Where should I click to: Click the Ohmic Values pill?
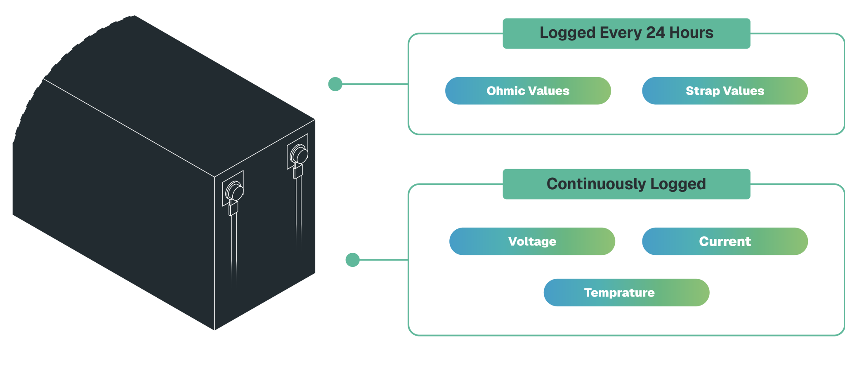pos(528,91)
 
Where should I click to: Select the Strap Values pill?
pos(725,91)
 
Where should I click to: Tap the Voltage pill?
pos(532,241)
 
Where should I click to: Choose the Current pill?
pos(725,241)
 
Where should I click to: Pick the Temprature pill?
pos(626,292)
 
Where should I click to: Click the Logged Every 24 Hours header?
pos(626,33)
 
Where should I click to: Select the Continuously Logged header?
pos(626,184)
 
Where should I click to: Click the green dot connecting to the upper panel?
pos(335,84)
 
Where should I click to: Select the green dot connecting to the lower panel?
pos(352,260)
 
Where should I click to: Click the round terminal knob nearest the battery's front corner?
pos(235,192)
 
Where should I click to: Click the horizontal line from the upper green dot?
pos(375,84)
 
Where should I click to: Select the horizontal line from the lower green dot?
pos(384,260)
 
